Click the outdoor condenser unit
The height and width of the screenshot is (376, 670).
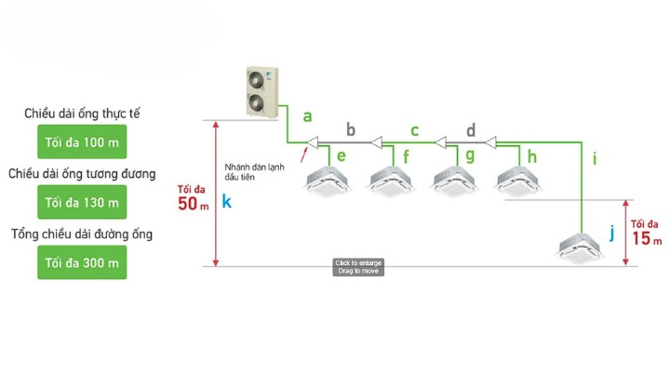pos(260,92)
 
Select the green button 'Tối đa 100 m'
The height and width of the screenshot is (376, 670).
pos(82,143)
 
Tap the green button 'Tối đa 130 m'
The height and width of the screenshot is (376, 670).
pos(82,202)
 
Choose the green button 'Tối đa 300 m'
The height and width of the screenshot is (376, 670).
pos(82,262)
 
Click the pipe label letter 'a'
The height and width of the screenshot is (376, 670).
pos(308,116)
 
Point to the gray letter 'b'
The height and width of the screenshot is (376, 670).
pos(351,128)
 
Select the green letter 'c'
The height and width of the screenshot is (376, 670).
pos(414,129)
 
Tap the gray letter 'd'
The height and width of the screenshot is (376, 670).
pos(471,129)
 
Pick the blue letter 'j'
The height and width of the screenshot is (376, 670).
pos(611,233)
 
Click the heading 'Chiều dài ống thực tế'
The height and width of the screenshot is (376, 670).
pos(83,114)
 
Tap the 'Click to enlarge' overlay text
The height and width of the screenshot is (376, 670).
pos(358,263)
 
